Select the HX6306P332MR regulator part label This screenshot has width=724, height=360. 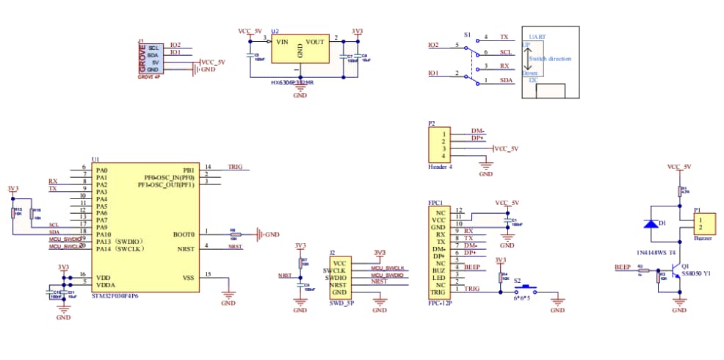[292, 83]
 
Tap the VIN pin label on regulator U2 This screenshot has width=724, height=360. [281, 42]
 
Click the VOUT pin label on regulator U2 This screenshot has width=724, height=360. [316, 42]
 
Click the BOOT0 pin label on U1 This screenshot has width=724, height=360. [184, 234]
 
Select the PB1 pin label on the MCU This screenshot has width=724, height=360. [188, 170]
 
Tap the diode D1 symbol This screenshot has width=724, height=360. [651, 223]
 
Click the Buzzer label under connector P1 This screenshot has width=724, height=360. [703, 239]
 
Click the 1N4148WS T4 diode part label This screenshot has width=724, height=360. [651, 252]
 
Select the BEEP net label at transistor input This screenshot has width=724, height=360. [623, 267]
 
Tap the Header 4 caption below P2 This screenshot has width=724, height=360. [441, 167]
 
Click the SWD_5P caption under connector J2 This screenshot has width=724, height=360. [341, 303]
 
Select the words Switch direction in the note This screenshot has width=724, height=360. [550, 59]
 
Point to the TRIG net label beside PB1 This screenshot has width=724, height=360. [236, 167]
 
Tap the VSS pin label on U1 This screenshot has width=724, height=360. [188, 278]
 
